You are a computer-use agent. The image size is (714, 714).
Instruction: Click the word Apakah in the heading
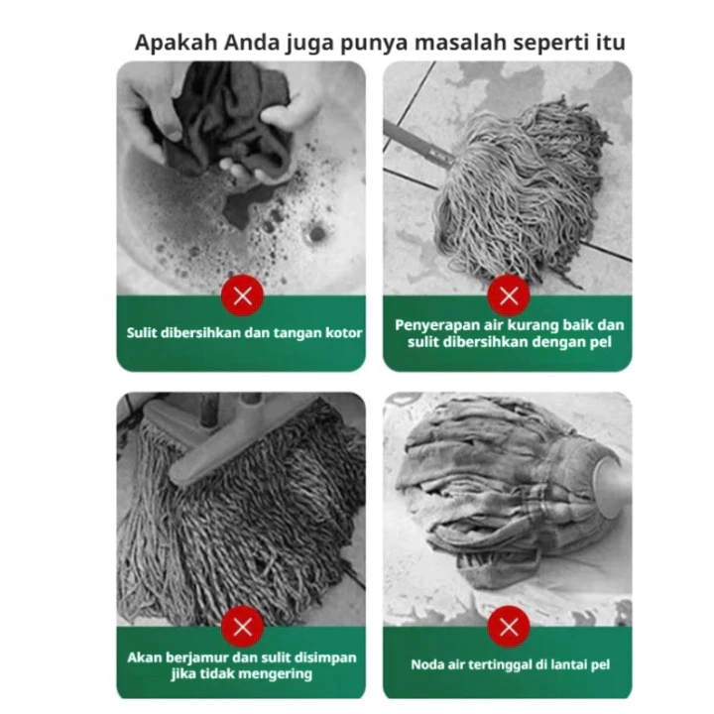(176, 44)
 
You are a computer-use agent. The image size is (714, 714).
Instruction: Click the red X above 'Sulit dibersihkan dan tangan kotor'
(242, 296)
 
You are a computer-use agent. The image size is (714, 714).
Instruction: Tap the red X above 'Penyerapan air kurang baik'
(509, 296)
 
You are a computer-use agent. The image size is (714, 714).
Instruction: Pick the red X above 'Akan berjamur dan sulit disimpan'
(242, 627)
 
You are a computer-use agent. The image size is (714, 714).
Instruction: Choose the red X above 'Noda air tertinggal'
(509, 627)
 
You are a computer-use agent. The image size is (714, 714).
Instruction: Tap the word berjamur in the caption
(198, 658)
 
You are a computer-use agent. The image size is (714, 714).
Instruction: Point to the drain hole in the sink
(316, 233)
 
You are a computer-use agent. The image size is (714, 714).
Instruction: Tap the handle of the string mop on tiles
(417, 142)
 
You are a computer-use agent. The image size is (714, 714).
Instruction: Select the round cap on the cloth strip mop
(611, 486)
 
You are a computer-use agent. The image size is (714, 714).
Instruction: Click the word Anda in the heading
(251, 43)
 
